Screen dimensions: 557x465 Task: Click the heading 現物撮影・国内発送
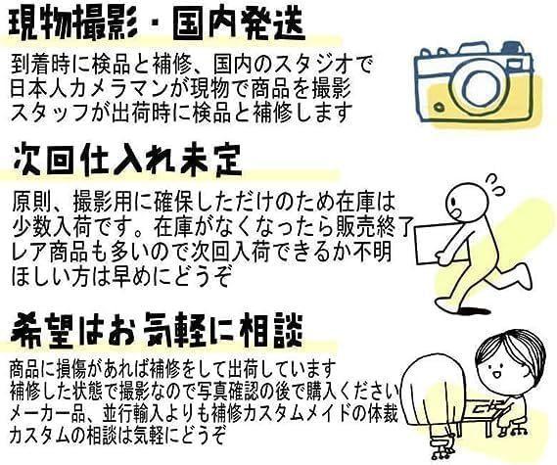click(x=157, y=23)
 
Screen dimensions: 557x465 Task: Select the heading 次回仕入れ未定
click(x=127, y=161)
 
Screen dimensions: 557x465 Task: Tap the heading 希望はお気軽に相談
click(x=157, y=331)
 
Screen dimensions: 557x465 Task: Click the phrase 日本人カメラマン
click(x=90, y=88)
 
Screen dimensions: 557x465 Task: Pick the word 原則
click(x=29, y=203)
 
